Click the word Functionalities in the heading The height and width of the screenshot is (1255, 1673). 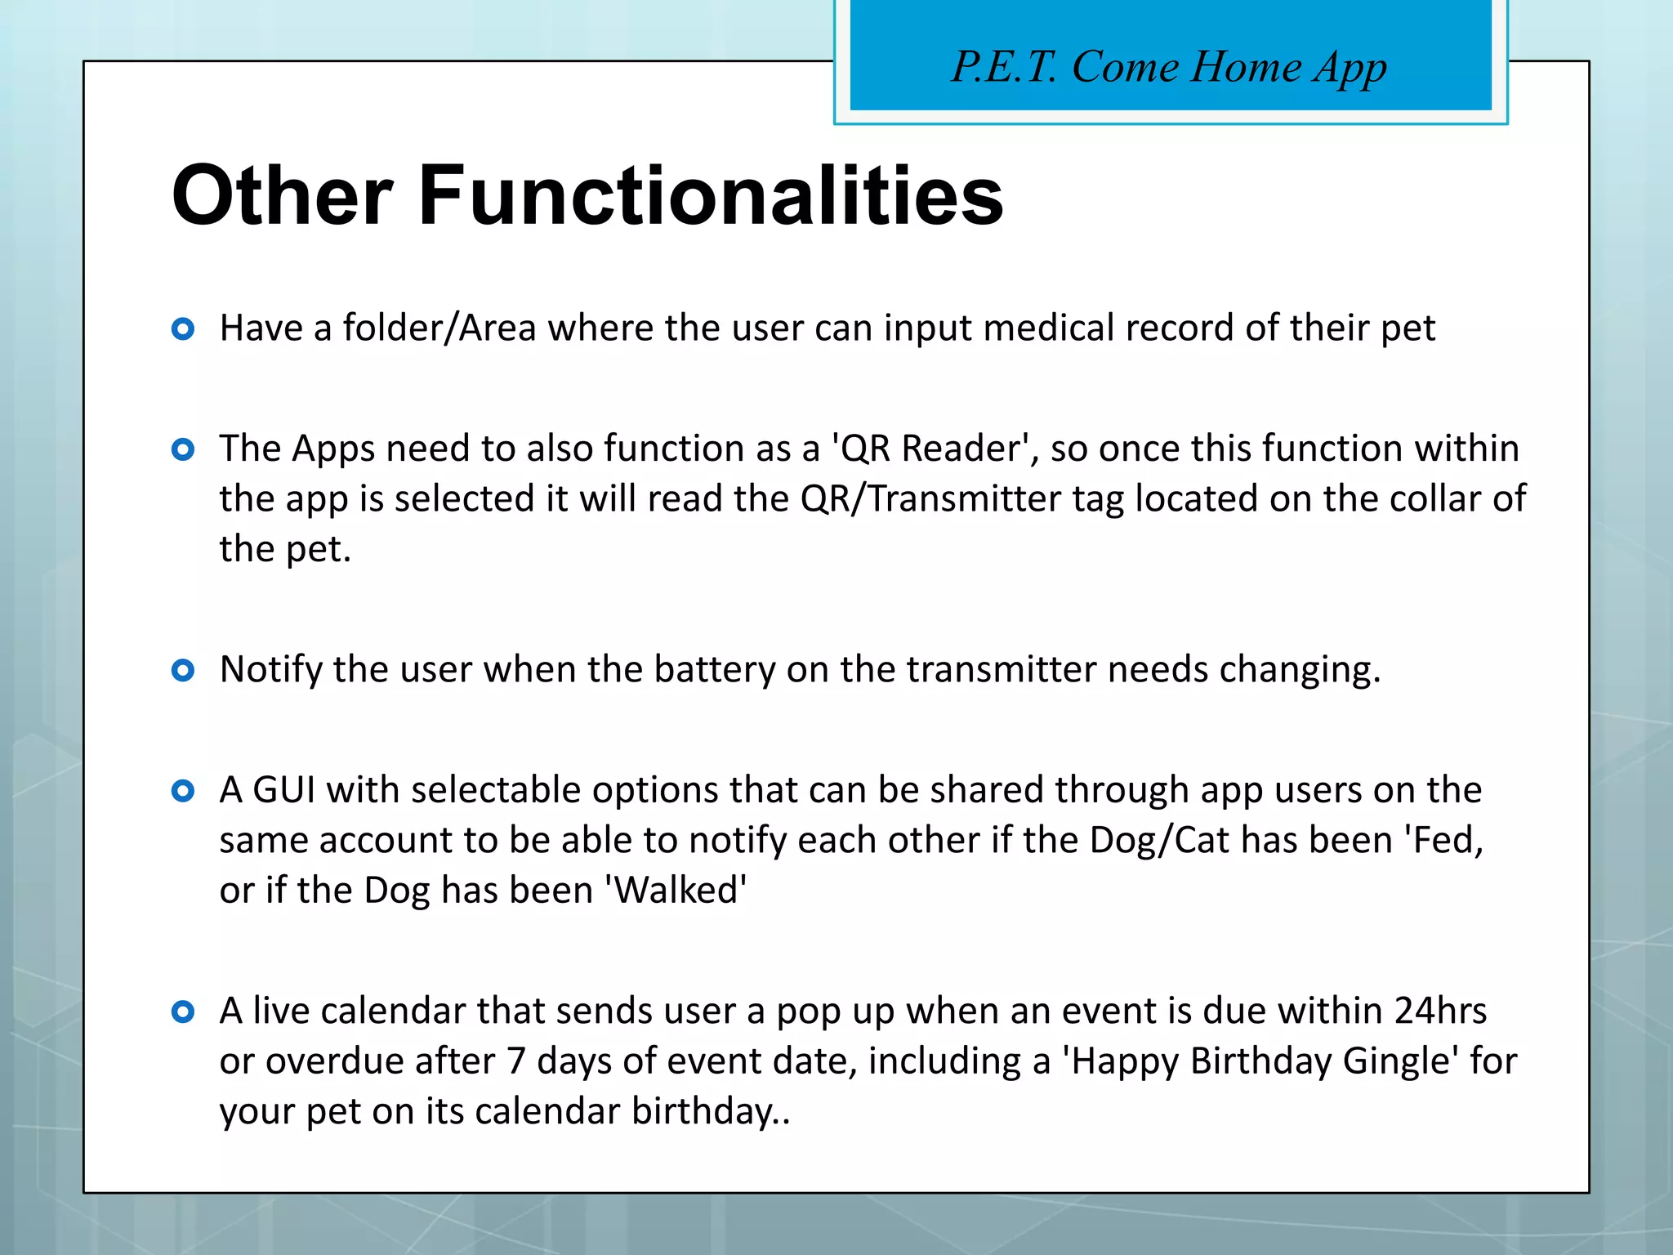pos(710,196)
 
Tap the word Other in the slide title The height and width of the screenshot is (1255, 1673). pos(283,196)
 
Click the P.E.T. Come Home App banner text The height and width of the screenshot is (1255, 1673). pos(1169,68)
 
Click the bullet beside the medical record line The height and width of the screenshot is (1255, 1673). pos(183,329)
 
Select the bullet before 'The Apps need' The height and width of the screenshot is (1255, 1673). pos(183,449)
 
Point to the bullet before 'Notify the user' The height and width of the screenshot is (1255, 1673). pos(183,671)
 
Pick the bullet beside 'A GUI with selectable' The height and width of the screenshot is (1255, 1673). pos(183,791)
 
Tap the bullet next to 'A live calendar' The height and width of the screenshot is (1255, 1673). pos(183,1012)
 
